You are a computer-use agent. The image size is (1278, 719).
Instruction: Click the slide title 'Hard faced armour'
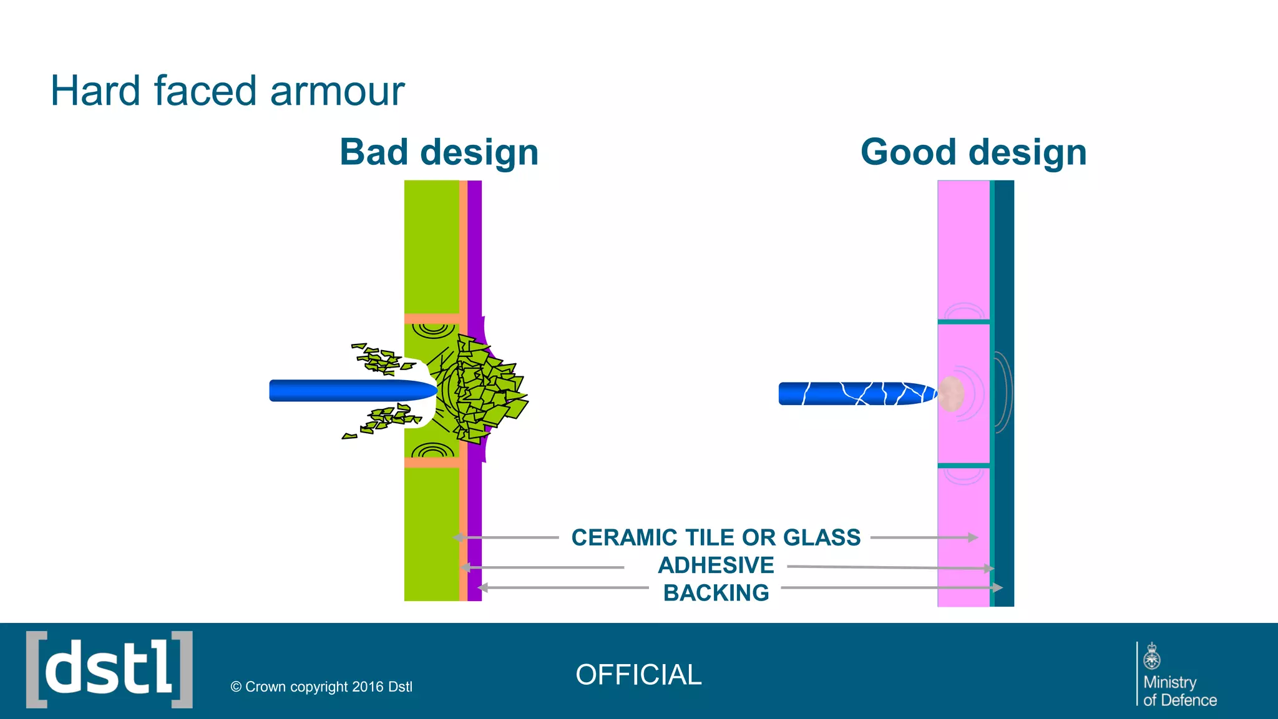coord(227,91)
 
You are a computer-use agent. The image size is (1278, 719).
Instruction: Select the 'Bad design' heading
coord(439,152)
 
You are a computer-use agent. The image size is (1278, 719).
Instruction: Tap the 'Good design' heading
coord(973,152)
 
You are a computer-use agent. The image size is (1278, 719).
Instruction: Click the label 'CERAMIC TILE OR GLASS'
coord(716,537)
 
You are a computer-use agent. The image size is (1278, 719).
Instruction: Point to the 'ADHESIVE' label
coord(716,565)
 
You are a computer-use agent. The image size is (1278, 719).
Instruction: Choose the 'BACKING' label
coord(716,593)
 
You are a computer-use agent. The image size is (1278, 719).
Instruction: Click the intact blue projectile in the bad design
coord(349,391)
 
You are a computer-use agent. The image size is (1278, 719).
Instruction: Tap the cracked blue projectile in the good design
coord(855,394)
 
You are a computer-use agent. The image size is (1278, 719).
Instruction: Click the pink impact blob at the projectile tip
coord(951,394)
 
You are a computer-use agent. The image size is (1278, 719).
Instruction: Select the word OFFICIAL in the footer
coord(638,675)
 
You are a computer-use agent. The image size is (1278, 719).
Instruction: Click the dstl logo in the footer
coord(109,670)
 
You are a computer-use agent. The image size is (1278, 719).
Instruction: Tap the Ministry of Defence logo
coord(1177,675)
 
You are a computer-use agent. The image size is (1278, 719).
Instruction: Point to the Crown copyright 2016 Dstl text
coord(321,687)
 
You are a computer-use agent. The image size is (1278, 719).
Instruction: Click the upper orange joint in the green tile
coord(432,319)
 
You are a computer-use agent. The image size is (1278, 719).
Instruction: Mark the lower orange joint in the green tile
coord(432,462)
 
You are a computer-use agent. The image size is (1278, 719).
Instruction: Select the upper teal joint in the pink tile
coord(963,322)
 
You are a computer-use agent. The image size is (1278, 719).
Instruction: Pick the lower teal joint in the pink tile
coord(963,466)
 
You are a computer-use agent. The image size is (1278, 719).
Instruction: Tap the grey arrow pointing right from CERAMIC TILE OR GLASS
coord(924,537)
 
